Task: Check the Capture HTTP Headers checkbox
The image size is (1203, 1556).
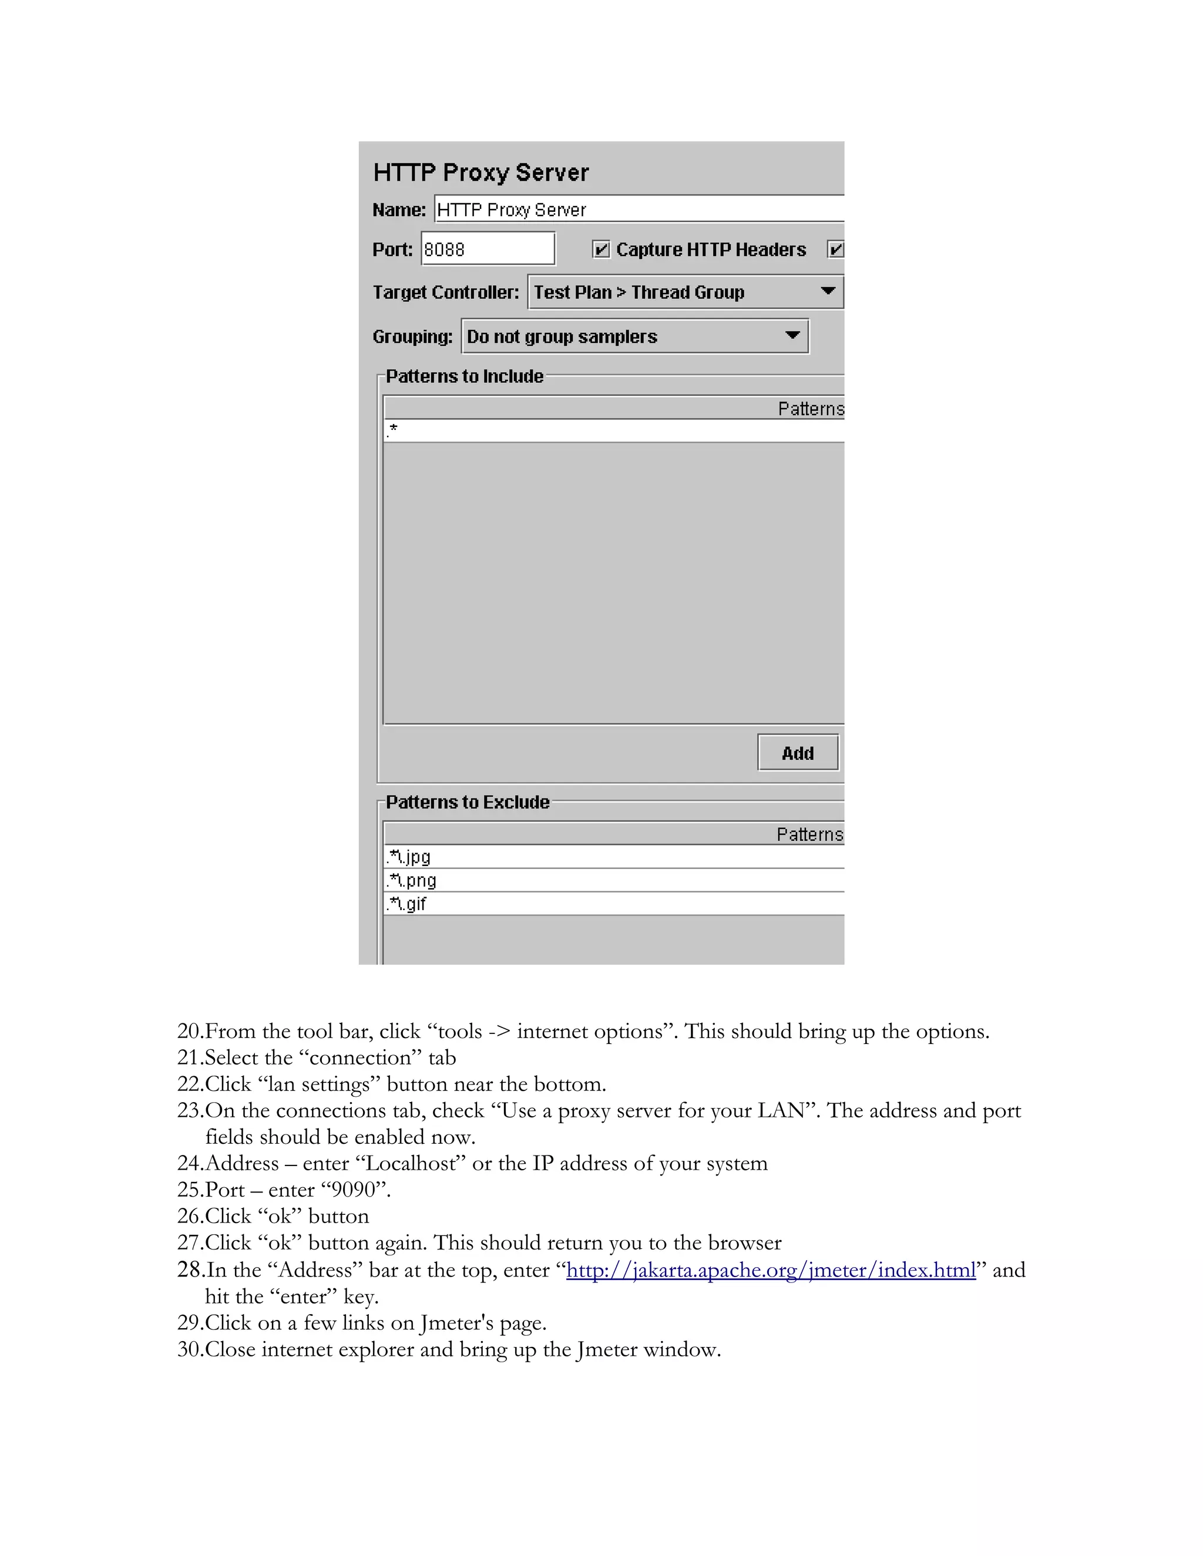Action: coord(601,250)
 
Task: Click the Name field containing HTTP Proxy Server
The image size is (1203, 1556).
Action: coord(638,210)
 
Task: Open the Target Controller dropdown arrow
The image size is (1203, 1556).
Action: coord(828,291)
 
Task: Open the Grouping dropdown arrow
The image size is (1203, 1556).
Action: coord(792,335)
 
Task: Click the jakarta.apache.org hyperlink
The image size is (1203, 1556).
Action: coord(771,1269)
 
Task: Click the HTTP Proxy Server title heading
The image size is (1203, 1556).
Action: coord(481,173)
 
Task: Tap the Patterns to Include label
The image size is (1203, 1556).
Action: coord(465,376)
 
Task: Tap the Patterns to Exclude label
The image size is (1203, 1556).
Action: coord(468,801)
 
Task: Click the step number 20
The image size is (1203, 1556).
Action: coord(190,1031)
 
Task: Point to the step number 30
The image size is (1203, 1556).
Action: coord(190,1349)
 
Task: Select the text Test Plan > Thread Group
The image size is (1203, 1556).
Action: coord(639,292)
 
